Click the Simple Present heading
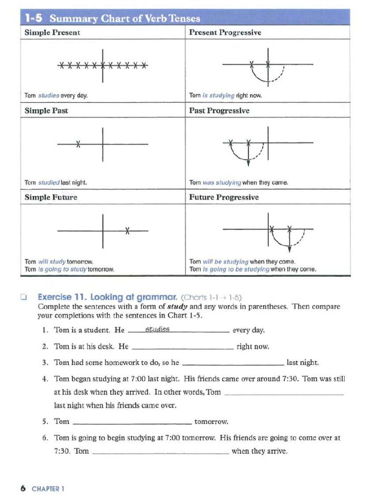click(x=52, y=33)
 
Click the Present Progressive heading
click(x=225, y=33)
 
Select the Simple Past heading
click(x=46, y=111)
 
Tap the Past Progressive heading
click(x=219, y=111)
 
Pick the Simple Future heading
click(x=51, y=197)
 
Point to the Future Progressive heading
click(x=224, y=197)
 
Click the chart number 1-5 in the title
click(x=35, y=19)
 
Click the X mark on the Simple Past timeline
click(x=78, y=144)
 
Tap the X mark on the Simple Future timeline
click(x=127, y=230)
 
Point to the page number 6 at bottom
click(x=22, y=488)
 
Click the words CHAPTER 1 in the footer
click(x=48, y=488)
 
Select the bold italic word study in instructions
click(x=178, y=307)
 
